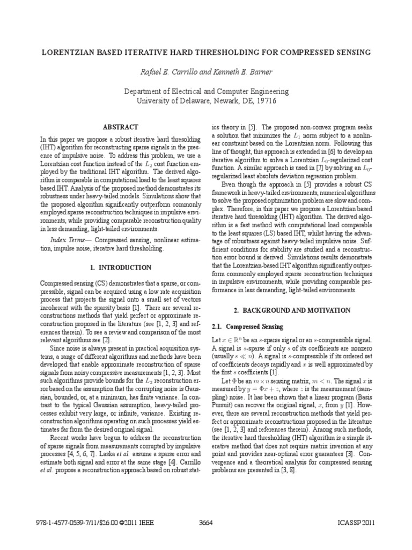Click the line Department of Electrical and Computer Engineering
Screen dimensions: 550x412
(206, 92)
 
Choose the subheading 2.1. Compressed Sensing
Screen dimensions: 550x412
(246, 327)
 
